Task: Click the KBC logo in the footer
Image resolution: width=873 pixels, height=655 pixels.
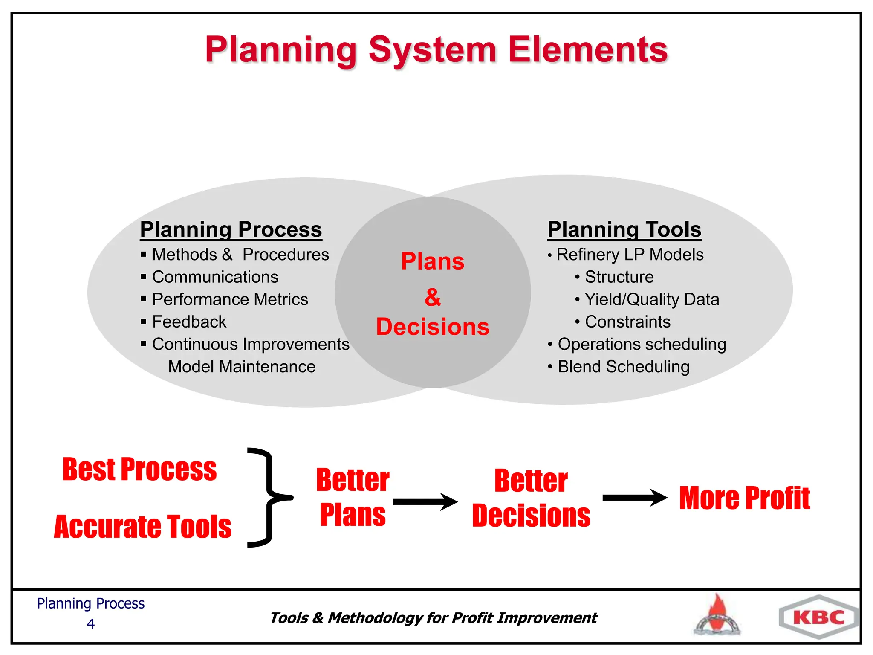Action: click(818, 617)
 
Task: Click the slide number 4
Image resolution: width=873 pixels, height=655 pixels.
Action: click(90, 624)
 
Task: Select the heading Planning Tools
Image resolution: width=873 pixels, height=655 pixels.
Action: click(624, 229)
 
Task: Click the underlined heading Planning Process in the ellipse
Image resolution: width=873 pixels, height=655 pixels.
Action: click(231, 229)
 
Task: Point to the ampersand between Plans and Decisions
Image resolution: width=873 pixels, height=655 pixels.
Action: click(433, 297)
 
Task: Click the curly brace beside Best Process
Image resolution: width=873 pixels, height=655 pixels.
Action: click(269, 497)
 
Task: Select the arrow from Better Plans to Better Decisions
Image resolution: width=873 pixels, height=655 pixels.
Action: click(425, 502)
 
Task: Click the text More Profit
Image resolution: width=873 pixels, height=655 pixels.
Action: click(744, 498)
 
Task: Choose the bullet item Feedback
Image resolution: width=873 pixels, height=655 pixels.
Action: click(189, 322)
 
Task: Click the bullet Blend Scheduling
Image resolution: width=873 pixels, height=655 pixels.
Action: click(623, 367)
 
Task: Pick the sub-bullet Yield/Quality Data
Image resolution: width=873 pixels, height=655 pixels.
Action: click(651, 299)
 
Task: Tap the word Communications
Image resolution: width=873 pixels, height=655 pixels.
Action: click(215, 277)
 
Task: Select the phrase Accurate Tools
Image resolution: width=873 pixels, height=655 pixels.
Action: click(142, 527)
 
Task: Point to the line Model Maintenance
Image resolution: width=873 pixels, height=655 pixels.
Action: click(242, 367)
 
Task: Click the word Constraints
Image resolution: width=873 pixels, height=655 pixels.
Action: click(627, 322)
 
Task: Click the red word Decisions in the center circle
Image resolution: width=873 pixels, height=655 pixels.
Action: click(433, 327)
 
